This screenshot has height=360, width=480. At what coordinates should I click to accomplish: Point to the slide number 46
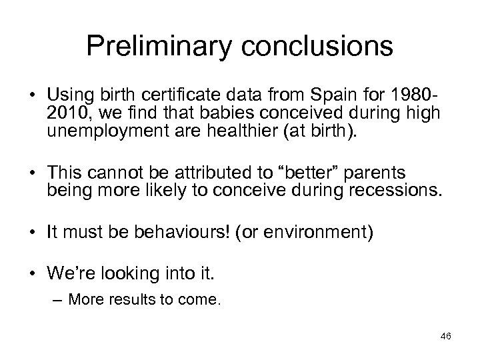coord(445,337)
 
